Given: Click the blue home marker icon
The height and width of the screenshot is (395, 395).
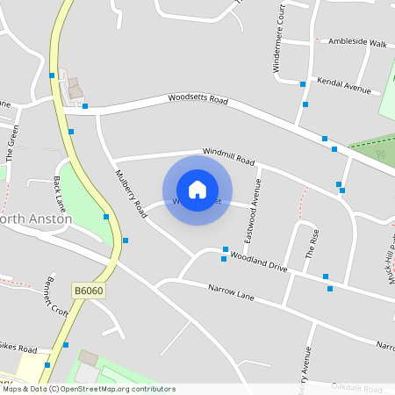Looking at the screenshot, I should pyautogui.click(x=197, y=189).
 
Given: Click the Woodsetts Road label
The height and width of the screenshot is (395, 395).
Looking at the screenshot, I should pyautogui.click(x=197, y=99).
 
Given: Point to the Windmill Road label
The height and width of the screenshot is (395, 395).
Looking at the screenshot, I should pyautogui.click(x=227, y=157).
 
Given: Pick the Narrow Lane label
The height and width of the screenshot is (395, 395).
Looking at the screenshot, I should pyautogui.click(x=231, y=292).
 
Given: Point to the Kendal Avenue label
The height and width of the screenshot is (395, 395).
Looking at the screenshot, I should pyautogui.click(x=345, y=84).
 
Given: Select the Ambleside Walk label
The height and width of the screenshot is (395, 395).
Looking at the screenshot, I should pyautogui.click(x=356, y=41).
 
